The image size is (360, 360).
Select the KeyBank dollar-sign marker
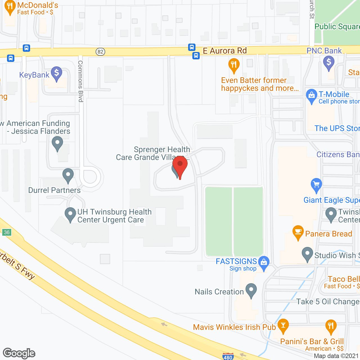pyautogui.click(x=57, y=73)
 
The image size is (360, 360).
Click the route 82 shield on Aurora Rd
pyautogui.click(x=100, y=52)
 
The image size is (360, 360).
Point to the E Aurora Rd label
pyautogui.click(x=225, y=51)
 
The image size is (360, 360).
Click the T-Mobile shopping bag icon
pyautogui.click(x=312, y=95)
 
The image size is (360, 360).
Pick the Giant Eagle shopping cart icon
pyautogui.click(x=316, y=184)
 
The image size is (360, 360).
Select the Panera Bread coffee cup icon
pyautogui.click(x=298, y=232)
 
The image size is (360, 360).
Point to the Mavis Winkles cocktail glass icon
pyautogui.click(x=283, y=325)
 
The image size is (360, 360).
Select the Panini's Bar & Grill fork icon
pyautogui.click(x=331, y=326)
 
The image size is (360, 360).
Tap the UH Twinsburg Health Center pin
pyautogui.click(x=70, y=214)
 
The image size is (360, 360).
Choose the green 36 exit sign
pyautogui.click(x=7, y=232)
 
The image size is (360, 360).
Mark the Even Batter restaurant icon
pyautogui.click(x=234, y=65)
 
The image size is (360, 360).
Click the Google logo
pyautogui.click(x=19, y=353)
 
